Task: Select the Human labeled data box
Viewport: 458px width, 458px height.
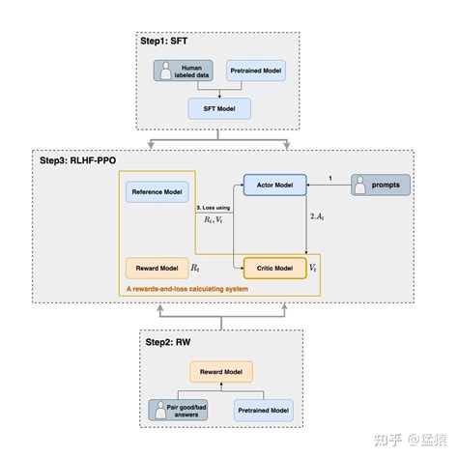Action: (x=188, y=70)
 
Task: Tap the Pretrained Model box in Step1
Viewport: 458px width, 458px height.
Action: (x=255, y=70)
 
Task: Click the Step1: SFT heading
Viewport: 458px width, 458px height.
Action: (x=166, y=43)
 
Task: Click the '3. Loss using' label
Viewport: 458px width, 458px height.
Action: (x=214, y=209)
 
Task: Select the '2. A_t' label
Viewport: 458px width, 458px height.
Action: (x=317, y=217)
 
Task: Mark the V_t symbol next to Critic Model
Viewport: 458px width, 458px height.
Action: (x=312, y=264)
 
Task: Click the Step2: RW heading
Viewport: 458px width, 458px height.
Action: (x=166, y=344)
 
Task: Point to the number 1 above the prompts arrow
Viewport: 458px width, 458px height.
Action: (x=331, y=177)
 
